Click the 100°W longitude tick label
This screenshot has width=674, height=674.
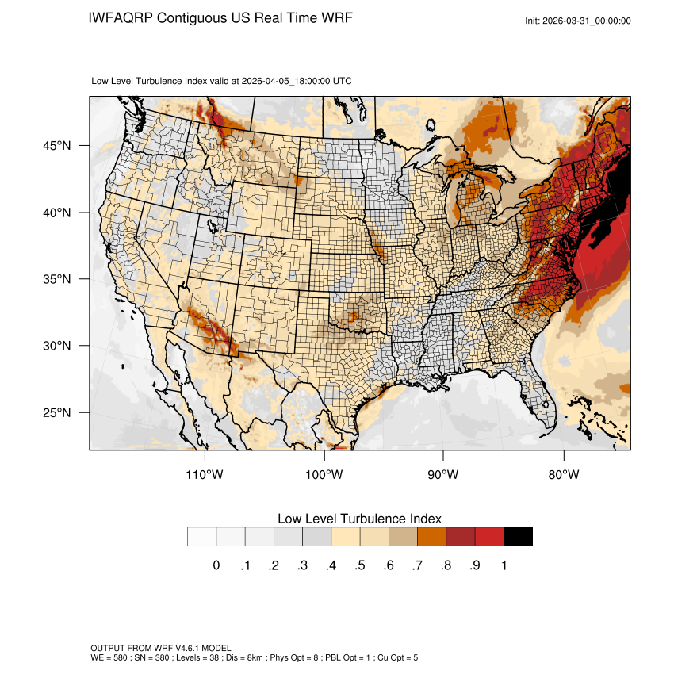coord(324,475)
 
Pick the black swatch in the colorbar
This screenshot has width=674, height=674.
coord(518,536)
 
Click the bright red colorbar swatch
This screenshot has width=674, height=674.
coord(489,536)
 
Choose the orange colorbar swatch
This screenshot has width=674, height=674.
coord(432,536)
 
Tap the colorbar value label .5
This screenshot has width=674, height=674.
coord(360,565)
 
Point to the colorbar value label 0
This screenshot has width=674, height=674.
coord(216,565)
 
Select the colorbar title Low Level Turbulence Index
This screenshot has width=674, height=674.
coord(359,519)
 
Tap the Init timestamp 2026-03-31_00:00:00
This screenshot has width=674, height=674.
coord(588,21)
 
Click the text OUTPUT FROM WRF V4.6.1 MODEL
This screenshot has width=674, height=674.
coord(161,648)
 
